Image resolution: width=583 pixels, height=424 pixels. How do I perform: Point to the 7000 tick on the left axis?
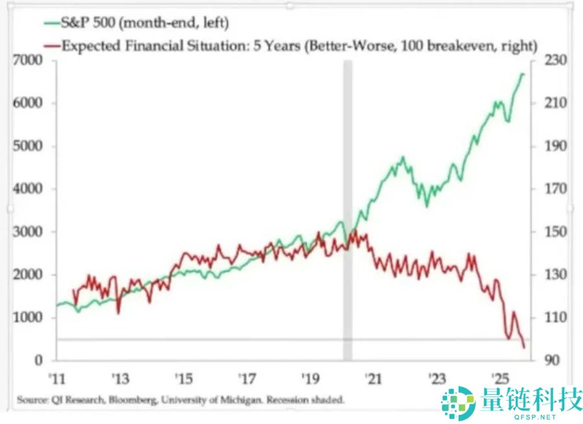(29, 61)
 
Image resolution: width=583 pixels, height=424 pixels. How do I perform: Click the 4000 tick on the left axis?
(29, 189)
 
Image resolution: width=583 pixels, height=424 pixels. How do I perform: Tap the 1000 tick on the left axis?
(29, 318)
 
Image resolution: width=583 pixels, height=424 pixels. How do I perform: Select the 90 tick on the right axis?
(545, 360)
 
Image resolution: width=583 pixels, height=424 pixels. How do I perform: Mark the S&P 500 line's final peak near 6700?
(522, 75)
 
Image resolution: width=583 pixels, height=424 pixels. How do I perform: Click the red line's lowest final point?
(523, 347)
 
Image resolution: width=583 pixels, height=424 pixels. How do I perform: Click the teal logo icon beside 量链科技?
(457, 403)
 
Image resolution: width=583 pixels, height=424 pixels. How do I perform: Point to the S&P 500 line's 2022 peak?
(403, 158)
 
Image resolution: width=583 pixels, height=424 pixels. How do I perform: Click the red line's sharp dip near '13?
(119, 313)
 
